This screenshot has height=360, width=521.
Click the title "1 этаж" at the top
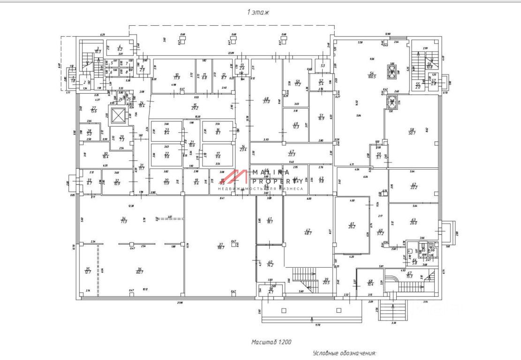pos(257,13)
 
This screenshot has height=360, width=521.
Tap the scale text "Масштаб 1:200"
pos(272,342)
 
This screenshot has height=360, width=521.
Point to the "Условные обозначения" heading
pos(345,353)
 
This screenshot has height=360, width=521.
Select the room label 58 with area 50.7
pos(412,132)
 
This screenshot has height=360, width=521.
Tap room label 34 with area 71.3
pos(124,219)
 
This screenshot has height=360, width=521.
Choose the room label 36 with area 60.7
pos(139,270)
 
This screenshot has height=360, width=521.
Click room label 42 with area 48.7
pos(308,232)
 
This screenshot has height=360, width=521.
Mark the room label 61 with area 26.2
pos(352,225)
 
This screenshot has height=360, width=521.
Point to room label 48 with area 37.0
pos(267,100)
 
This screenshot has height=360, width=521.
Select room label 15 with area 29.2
pos(195,106)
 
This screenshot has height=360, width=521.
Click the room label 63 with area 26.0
pos(414,221)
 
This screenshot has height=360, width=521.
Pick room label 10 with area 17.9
pos(177,76)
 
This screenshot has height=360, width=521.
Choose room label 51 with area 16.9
pos(321,117)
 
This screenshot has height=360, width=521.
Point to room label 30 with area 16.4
pos(106,155)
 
